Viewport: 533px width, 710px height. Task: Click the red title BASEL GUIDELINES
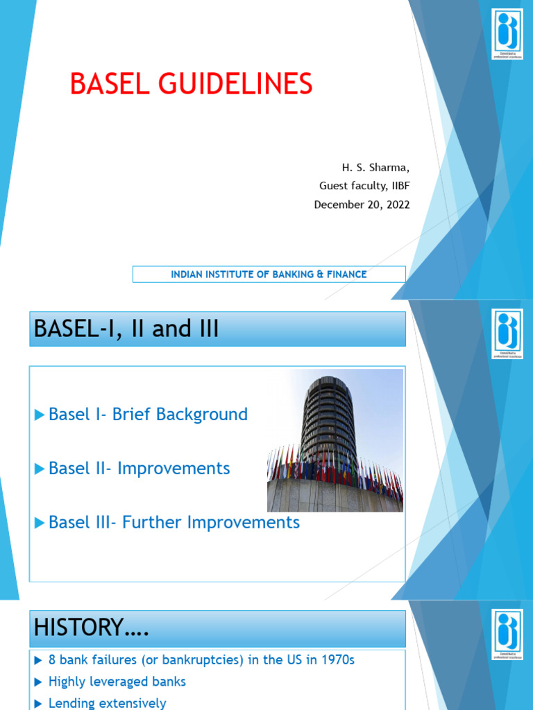(191, 85)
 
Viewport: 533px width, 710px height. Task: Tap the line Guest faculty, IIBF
(364, 186)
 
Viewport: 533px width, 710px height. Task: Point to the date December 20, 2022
(362, 205)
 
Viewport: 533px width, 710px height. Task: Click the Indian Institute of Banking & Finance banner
(269, 275)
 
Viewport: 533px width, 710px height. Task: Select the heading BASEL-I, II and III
(124, 329)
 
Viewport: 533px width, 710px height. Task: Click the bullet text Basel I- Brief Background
(148, 415)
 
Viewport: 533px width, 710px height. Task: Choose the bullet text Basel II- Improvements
(139, 469)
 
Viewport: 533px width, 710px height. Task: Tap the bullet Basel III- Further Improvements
(174, 523)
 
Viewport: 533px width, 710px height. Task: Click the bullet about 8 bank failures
(201, 660)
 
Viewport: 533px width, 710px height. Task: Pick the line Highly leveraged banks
(117, 682)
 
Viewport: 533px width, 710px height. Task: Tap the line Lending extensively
(107, 703)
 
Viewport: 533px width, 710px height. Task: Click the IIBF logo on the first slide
(507, 33)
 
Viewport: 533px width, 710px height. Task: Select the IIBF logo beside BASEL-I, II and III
(507, 334)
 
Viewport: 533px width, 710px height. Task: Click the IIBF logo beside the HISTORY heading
(507, 634)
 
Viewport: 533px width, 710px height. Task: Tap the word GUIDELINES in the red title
(231, 85)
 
